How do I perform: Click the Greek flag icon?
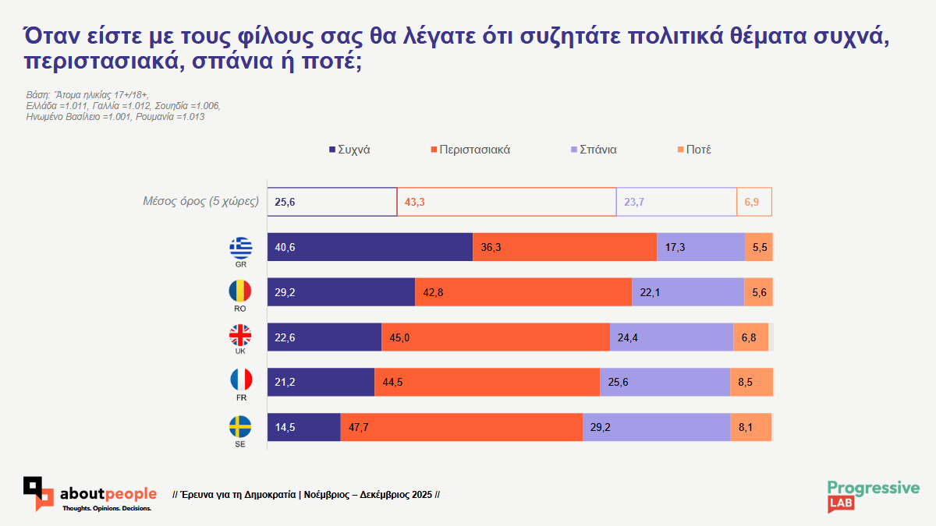[x=240, y=248]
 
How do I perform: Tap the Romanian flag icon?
[x=240, y=291]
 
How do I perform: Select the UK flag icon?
[x=240, y=336]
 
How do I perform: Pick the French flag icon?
[x=240, y=380]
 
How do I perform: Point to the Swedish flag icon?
[x=240, y=426]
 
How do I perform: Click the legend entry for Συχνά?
[x=349, y=150]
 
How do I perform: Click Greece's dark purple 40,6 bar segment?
[x=370, y=247]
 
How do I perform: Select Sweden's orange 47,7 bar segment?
[x=462, y=427]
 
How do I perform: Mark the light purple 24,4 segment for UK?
[x=671, y=337]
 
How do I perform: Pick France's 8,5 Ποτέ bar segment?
[x=751, y=382]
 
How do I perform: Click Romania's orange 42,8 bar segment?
[x=523, y=292]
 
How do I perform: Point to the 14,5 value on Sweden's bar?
[x=285, y=427]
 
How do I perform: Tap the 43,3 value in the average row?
[x=414, y=203]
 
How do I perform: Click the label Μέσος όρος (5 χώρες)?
[x=200, y=202]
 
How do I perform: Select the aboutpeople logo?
[x=90, y=495]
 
